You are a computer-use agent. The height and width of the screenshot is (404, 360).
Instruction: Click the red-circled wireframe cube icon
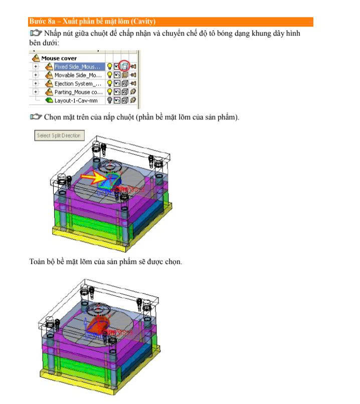click(x=124, y=67)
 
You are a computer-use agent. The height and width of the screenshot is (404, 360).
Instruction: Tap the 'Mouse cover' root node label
click(x=59, y=58)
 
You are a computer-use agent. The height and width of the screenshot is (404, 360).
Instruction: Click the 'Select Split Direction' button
click(x=59, y=136)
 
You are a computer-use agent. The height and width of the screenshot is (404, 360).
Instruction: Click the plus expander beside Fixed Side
click(x=36, y=67)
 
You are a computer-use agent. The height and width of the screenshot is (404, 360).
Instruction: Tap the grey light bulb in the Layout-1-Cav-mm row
click(x=109, y=100)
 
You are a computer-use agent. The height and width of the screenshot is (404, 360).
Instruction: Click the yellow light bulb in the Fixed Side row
click(x=109, y=67)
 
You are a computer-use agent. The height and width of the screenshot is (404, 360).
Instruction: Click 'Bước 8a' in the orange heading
click(x=42, y=22)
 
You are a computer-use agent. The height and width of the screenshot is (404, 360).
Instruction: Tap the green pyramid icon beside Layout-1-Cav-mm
click(x=49, y=100)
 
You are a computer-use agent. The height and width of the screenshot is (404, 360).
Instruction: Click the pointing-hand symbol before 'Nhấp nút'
click(x=36, y=33)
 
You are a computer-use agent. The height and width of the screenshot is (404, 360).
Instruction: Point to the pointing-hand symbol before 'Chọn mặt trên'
click(x=36, y=117)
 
